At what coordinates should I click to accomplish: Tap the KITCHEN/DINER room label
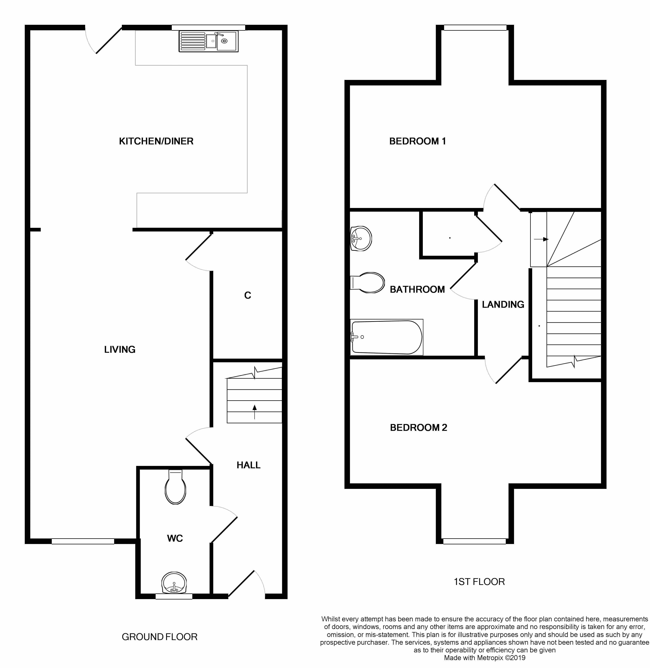(156, 141)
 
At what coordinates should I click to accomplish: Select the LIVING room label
(120, 349)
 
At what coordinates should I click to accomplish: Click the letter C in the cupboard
(248, 295)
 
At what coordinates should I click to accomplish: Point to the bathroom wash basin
(361, 238)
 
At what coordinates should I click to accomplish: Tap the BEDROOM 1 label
(417, 141)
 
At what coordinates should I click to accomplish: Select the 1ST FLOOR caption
(479, 581)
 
